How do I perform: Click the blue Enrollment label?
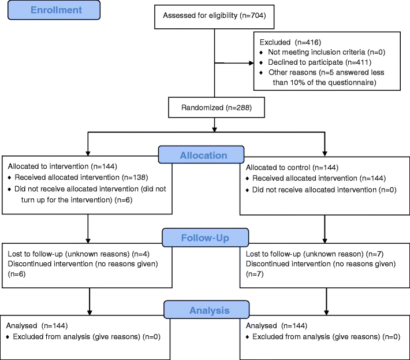point(54,10)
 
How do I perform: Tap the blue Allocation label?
point(202,155)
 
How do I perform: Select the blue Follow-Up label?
point(205,237)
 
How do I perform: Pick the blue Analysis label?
point(207,310)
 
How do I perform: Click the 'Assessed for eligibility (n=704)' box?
point(214,17)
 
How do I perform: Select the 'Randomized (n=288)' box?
point(217,107)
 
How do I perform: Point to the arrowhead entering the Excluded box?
point(251,63)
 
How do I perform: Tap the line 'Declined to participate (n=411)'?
point(319,62)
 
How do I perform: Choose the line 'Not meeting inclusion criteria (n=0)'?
point(327,53)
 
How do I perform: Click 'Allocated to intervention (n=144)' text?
point(62,166)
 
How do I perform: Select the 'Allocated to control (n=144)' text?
point(292,168)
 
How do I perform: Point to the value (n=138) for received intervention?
point(135,177)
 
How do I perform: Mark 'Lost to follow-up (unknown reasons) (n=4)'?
point(79,254)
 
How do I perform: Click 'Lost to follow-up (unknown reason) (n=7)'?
point(315,254)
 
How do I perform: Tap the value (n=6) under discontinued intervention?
point(17,274)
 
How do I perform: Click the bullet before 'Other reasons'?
point(261,72)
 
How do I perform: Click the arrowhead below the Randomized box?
point(214,129)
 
